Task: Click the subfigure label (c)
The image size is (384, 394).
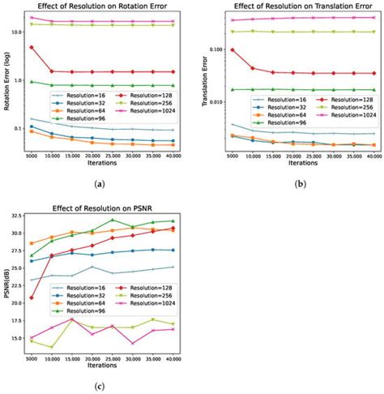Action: (99, 386)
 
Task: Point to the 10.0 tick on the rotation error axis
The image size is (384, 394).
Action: (19, 32)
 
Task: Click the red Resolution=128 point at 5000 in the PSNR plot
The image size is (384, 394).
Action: (32, 298)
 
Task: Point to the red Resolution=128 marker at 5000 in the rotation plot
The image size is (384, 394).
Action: (32, 47)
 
